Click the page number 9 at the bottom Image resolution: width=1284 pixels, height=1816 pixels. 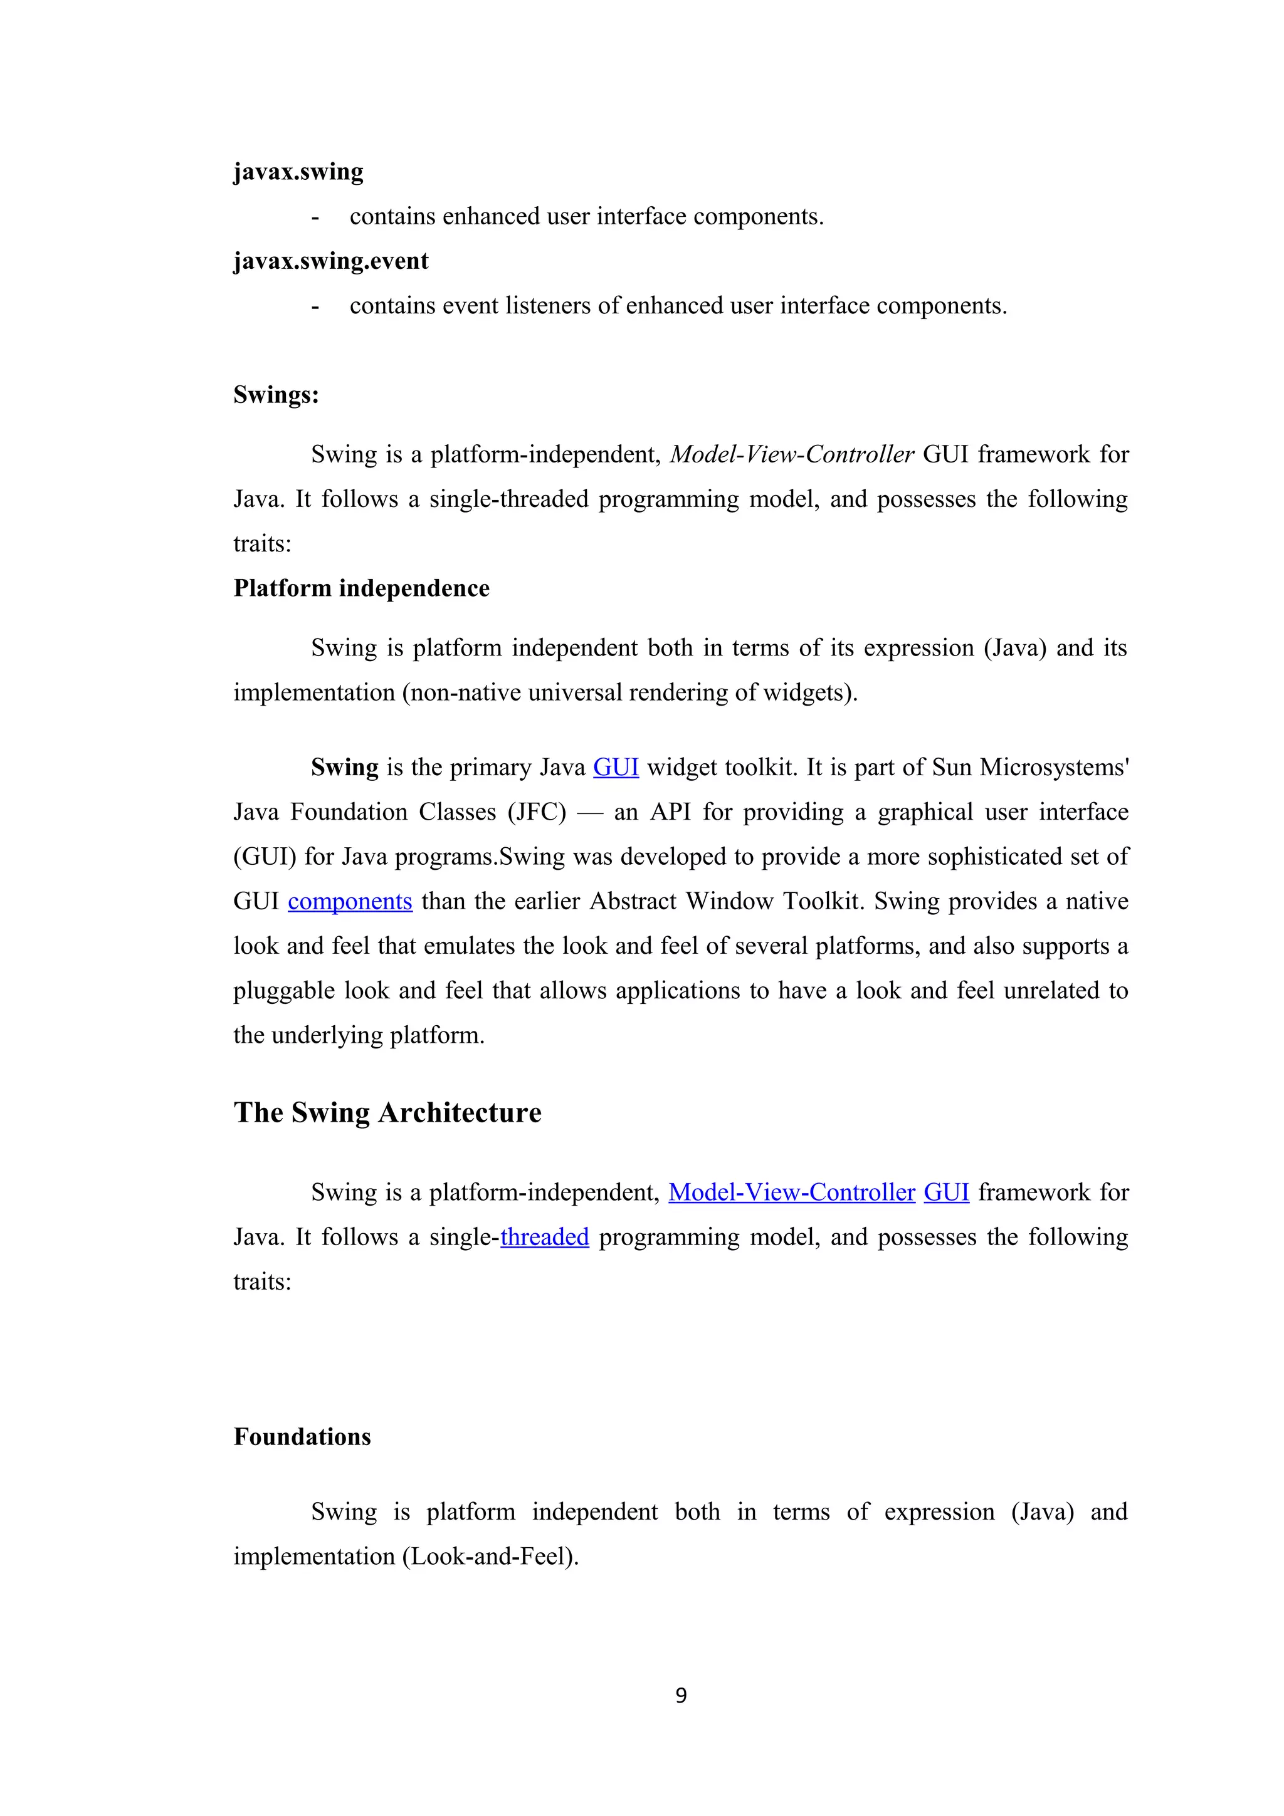(680, 1695)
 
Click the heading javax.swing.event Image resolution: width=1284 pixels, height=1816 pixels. (330, 261)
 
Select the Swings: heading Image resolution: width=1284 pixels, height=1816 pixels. (276, 395)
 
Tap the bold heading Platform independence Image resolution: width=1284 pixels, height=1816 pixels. (362, 588)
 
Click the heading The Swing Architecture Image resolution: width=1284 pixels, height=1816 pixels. (387, 1112)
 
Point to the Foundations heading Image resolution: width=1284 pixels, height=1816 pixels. (302, 1436)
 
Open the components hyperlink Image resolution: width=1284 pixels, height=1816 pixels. (350, 902)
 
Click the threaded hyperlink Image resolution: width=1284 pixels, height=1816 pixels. (544, 1237)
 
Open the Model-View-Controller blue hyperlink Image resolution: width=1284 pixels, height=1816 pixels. (791, 1192)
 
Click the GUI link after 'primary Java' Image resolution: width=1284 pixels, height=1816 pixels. (616, 767)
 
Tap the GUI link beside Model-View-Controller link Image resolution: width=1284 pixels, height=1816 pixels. (946, 1192)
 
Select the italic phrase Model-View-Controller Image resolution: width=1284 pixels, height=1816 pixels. (791, 455)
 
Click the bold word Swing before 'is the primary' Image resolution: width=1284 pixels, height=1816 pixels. (344, 767)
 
